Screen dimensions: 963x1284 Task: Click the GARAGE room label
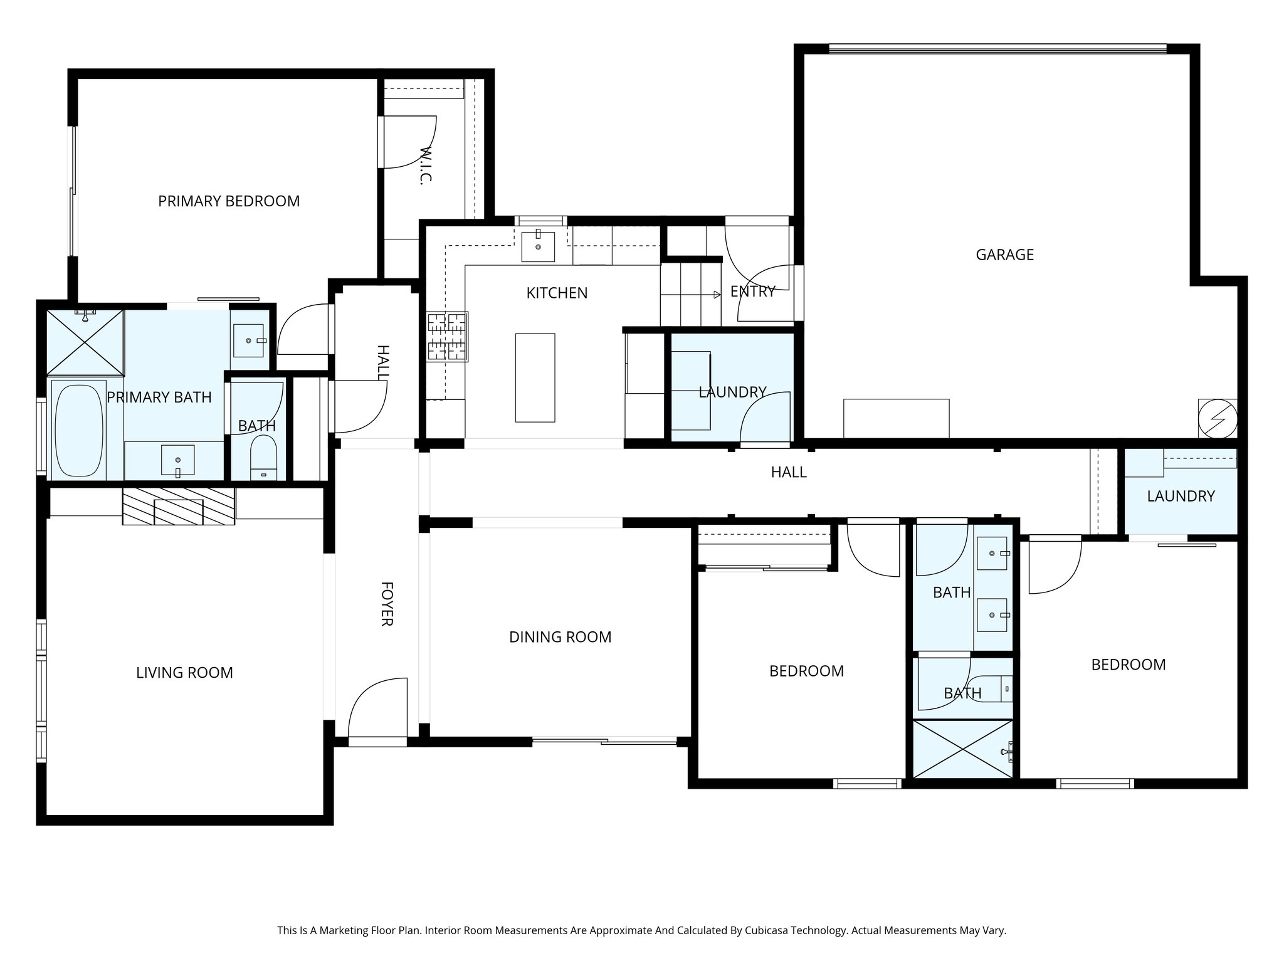point(1004,255)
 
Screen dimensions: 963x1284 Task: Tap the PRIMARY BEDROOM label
point(228,201)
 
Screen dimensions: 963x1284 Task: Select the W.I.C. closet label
point(426,166)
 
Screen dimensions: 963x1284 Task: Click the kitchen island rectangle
point(535,377)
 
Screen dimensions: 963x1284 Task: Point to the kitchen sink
point(538,246)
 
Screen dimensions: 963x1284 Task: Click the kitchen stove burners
point(448,337)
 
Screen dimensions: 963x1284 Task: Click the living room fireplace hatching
point(178,506)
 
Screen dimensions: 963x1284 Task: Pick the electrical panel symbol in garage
point(1217,419)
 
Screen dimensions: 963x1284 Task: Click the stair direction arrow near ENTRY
point(717,294)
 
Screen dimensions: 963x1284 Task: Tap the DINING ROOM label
point(560,637)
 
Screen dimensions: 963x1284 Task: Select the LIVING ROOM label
point(184,673)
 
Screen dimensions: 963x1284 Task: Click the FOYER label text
point(386,604)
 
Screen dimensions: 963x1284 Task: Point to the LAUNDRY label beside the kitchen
point(732,392)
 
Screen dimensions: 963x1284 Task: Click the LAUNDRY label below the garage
point(1181,496)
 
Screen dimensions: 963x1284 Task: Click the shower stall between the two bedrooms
point(962,749)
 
